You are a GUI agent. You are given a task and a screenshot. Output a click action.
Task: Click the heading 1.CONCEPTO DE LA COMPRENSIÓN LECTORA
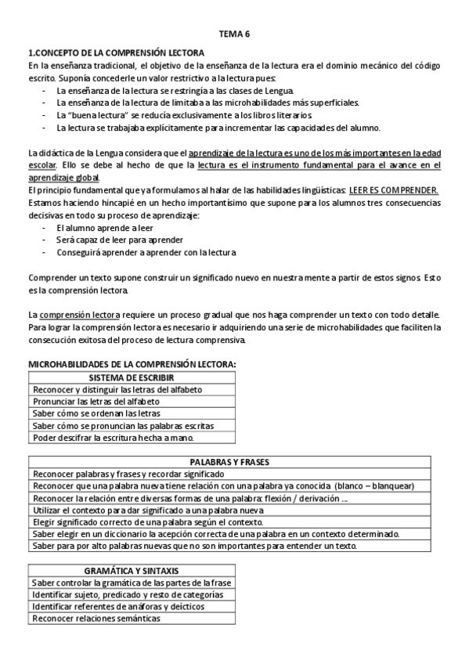pyautogui.click(x=116, y=52)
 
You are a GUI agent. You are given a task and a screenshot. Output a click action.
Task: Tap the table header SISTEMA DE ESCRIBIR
pyautogui.click(x=131, y=377)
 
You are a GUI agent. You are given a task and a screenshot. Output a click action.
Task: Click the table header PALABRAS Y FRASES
pyautogui.click(x=234, y=462)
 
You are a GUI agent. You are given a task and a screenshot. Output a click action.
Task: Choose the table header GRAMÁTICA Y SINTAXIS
pyautogui.click(x=132, y=570)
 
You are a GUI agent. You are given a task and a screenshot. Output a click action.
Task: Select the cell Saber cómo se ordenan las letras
pyautogui.click(x=96, y=413)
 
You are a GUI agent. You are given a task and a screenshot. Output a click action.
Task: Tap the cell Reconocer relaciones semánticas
pyautogui.click(x=96, y=619)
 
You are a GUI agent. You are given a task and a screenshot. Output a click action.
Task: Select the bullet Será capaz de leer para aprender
pyautogui.click(x=120, y=240)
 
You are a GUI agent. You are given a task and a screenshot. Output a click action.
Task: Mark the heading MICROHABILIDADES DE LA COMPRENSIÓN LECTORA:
pyautogui.click(x=132, y=364)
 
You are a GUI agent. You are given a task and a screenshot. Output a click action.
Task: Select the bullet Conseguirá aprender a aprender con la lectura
pyautogui.click(x=146, y=252)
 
